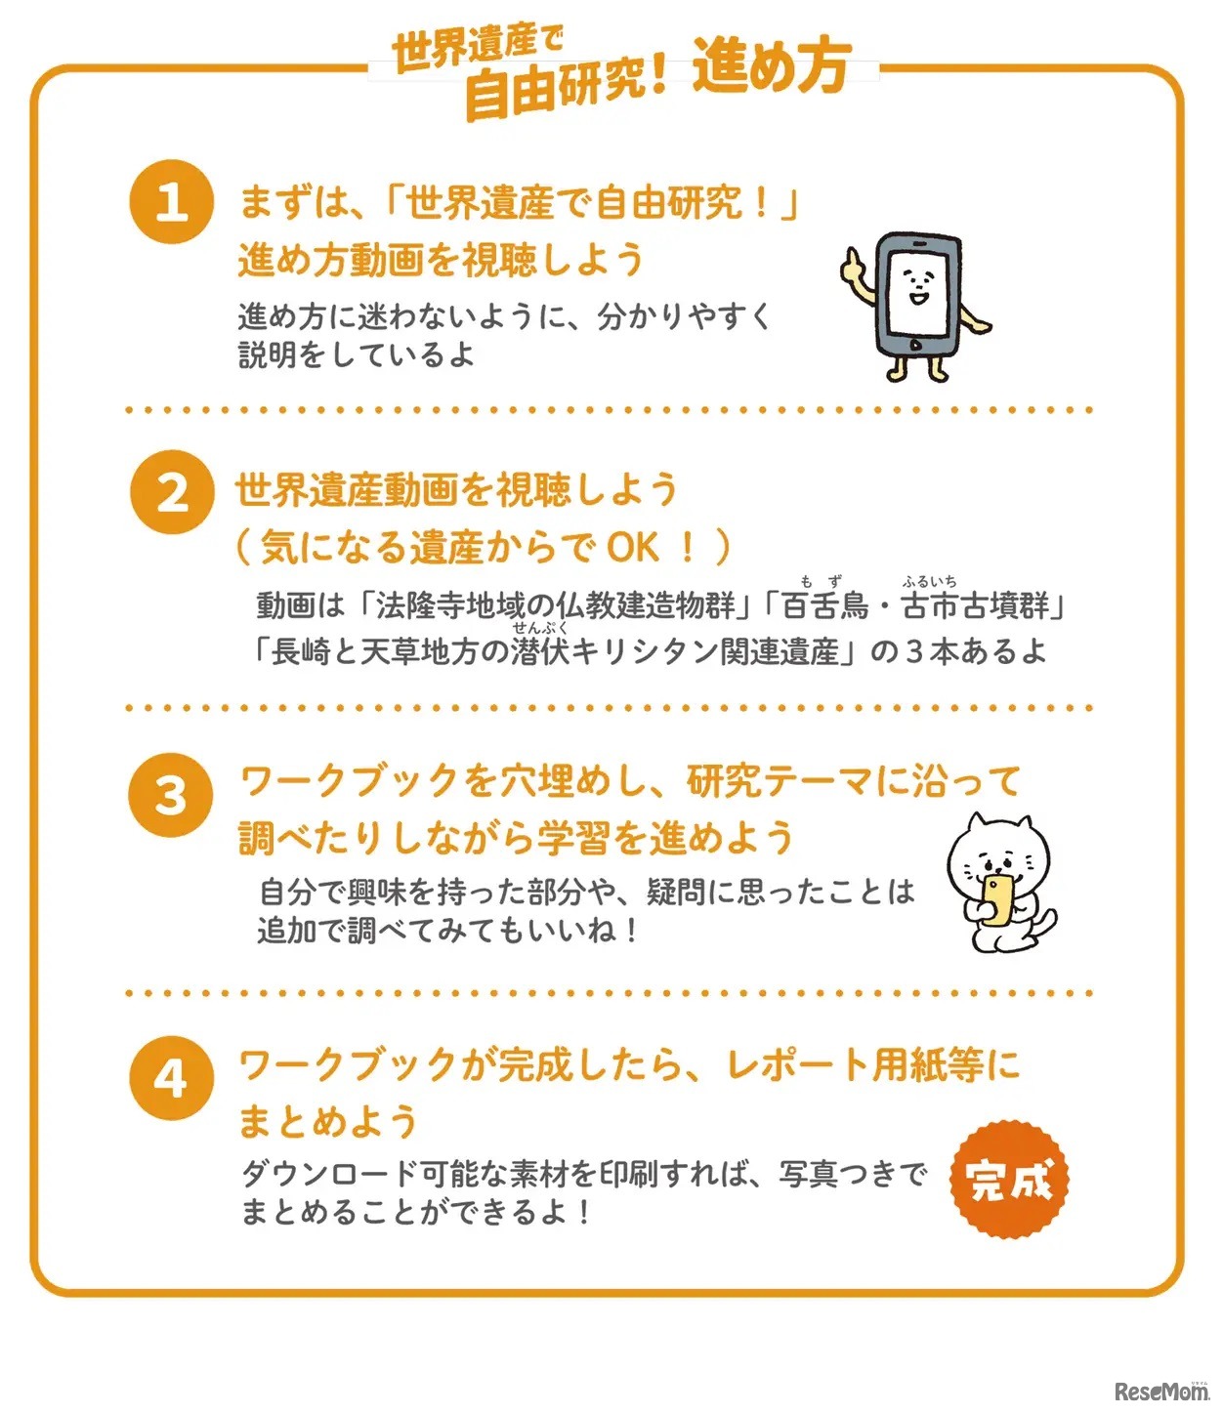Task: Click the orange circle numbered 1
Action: pyautogui.click(x=171, y=201)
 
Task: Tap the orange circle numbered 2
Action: pyautogui.click(x=172, y=491)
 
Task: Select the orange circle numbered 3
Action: pyautogui.click(x=171, y=795)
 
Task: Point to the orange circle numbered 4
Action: pyautogui.click(x=171, y=1078)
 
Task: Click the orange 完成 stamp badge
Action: pyautogui.click(x=1009, y=1180)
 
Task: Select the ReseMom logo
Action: pyautogui.click(x=1160, y=1391)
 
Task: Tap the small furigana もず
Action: pyautogui.click(x=820, y=582)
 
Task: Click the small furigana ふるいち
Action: pyautogui.click(x=929, y=582)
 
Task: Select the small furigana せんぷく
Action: pyautogui.click(x=539, y=628)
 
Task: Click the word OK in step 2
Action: pyautogui.click(x=632, y=547)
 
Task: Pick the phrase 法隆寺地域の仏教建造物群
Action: pyautogui.click(x=555, y=606)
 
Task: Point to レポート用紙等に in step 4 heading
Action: pyautogui.click(x=872, y=1064)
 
